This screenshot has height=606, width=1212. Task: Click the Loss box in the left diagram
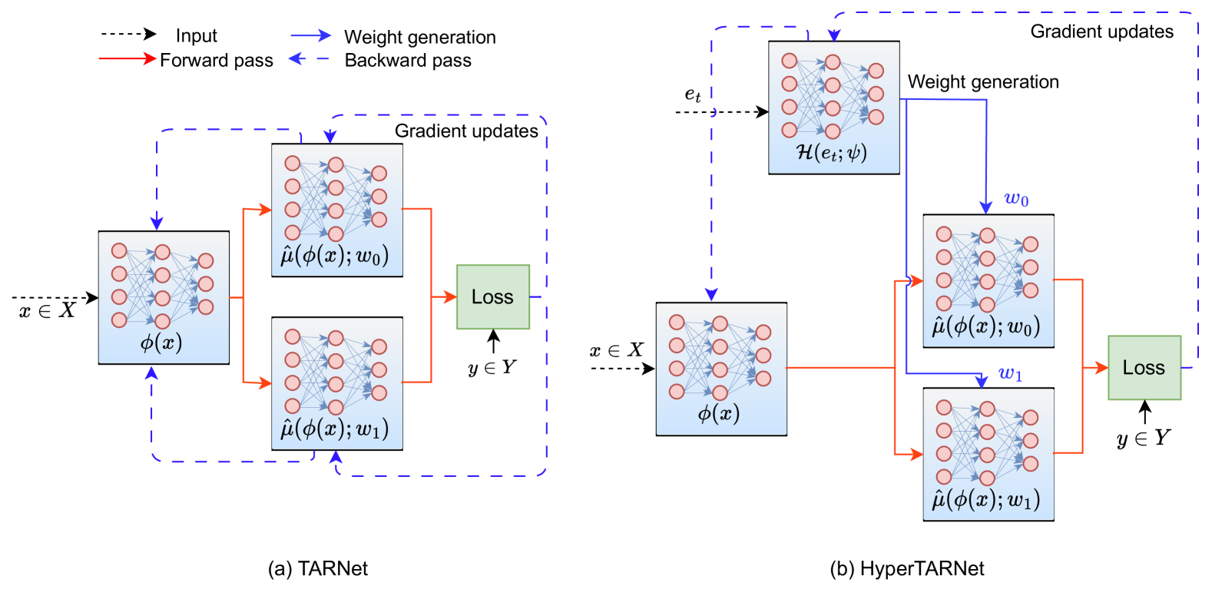pyautogui.click(x=493, y=297)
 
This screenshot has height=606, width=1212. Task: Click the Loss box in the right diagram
pyautogui.click(x=1144, y=368)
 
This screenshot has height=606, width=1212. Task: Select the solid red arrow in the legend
pyautogui.click(x=127, y=58)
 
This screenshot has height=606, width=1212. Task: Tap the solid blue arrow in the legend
pyautogui.click(x=310, y=35)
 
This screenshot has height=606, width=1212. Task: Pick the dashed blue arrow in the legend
pyautogui.click(x=309, y=58)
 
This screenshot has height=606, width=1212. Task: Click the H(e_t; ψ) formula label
pyautogui.click(x=832, y=153)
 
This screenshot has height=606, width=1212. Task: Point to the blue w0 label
pyautogui.click(x=1016, y=200)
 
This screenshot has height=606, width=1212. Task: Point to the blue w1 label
pyautogui.click(x=1010, y=374)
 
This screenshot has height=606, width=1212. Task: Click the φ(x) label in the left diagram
pyautogui.click(x=161, y=343)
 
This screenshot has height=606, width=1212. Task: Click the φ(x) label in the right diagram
pyautogui.click(x=719, y=414)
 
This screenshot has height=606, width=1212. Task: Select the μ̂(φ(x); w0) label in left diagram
pyautogui.click(x=335, y=256)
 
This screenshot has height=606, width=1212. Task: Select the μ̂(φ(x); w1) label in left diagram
pyautogui.click(x=335, y=429)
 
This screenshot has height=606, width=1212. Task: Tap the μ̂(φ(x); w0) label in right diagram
pyautogui.click(x=986, y=326)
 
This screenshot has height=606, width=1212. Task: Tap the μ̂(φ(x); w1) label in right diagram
pyautogui.click(x=986, y=500)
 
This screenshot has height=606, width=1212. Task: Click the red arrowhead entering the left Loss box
pyautogui.click(x=450, y=297)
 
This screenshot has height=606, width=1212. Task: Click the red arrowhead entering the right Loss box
pyautogui.click(x=1101, y=368)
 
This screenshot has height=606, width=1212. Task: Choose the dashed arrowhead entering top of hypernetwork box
pyautogui.click(x=834, y=35)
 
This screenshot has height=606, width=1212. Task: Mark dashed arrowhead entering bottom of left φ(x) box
pyautogui.click(x=152, y=373)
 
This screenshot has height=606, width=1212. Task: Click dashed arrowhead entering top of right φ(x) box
pyautogui.click(x=711, y=295)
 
